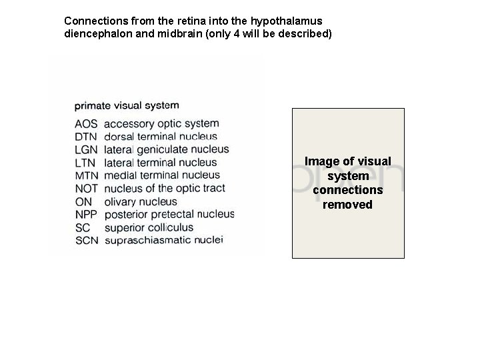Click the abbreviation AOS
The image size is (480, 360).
tap(86, 124)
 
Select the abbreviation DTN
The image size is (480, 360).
tap(86, 137)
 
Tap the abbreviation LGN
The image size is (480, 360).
tap(86, 150)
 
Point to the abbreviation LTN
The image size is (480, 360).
tap(85, 163)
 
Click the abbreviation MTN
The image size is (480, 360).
tap(86, 176)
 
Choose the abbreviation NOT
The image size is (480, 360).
tap(87, 189)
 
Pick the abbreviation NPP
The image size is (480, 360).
tap(87, 215)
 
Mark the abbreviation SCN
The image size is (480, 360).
tap(87, 240)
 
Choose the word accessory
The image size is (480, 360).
tap(128, 124)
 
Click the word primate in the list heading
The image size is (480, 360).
tap(93, 105)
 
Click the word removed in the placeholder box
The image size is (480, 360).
tap(347, 205)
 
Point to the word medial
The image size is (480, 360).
tap(120, 175)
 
